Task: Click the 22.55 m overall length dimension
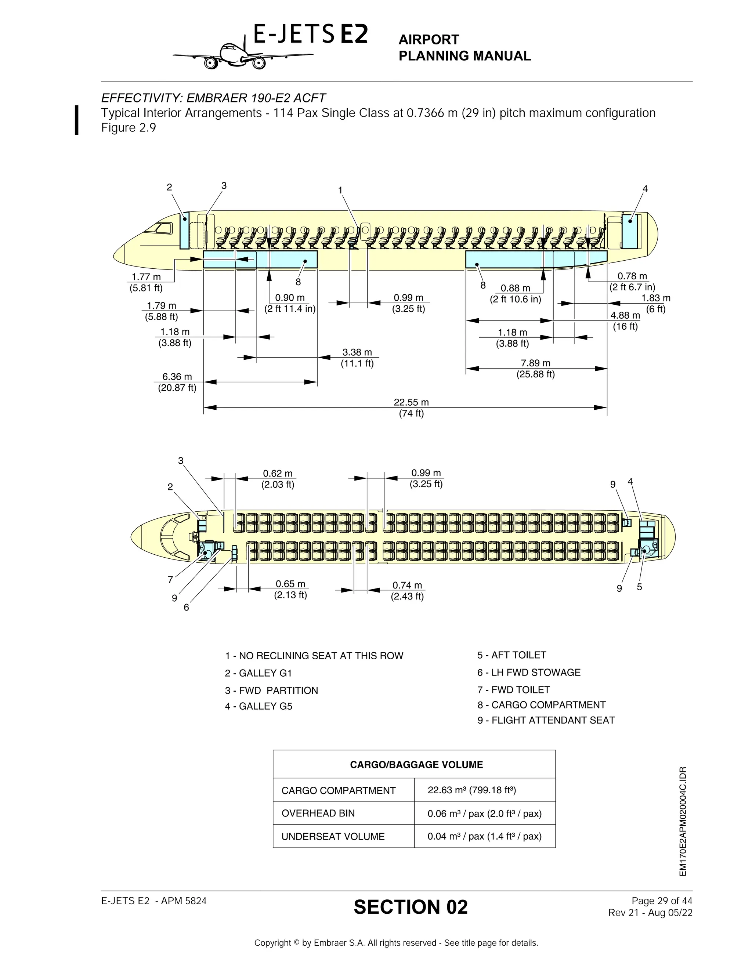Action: coord(411,402)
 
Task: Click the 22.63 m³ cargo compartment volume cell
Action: coord(471,790)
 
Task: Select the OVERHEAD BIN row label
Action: coord(318,813)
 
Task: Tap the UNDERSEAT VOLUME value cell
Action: coord(484,836)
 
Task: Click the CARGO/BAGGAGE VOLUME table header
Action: coord(416,764)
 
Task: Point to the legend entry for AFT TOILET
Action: coord(511,655)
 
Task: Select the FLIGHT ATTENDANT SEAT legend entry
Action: coord(546,720)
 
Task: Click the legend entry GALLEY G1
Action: coord(258,673)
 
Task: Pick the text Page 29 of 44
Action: coord(662,901)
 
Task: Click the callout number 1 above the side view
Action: coord(340,190)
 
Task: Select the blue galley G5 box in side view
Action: coord(630,231)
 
